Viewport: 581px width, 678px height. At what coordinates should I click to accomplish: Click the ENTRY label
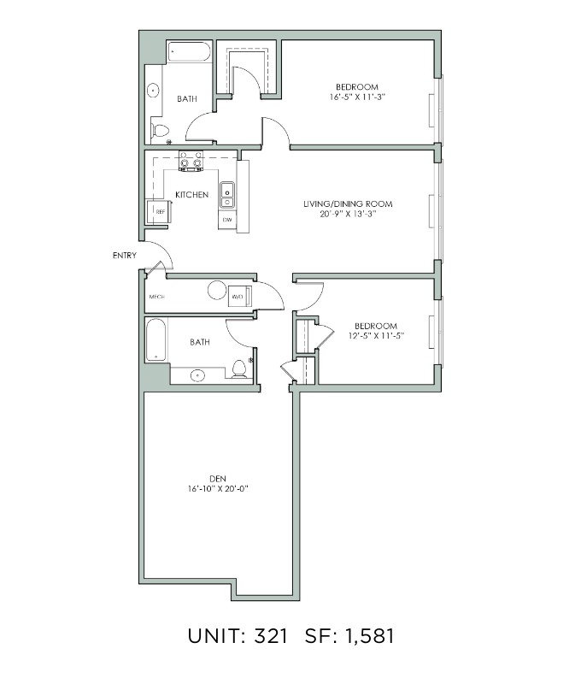(x=125, y=256)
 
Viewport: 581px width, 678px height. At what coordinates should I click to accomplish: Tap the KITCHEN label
(x=191, y=195)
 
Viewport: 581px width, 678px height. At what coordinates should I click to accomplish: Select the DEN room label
(x=218, y=479)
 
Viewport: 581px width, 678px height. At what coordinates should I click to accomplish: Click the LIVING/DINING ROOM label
(x=348, y=204)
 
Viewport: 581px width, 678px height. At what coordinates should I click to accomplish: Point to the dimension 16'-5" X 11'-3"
(x=357, y=97)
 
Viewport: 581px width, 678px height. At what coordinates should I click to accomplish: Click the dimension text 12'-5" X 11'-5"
(x=376, y=335)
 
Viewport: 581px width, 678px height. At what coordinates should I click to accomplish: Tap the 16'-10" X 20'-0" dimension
(x=218, y=489)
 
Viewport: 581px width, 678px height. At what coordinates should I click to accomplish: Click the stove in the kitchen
(x=191, y=161)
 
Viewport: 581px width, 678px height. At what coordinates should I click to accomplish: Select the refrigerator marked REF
(x=158, y=212)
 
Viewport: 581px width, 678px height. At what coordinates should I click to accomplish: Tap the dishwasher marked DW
(x=227, y=220)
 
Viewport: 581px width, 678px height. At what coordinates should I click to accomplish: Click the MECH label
(x=157, y=297)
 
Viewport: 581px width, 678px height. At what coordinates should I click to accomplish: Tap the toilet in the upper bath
(x=160, y=130)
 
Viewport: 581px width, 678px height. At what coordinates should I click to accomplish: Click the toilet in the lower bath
(x=239, y=368)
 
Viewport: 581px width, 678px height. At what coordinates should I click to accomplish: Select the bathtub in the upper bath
(x=189, y=52)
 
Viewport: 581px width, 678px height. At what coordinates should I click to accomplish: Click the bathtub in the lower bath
(x=156, y=340)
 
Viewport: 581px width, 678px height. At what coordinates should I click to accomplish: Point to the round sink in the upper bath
(x=153, y=91)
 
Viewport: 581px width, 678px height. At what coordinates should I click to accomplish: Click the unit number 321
(x=270, y=636)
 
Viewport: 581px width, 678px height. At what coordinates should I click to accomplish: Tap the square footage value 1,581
(x=369, y=636)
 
